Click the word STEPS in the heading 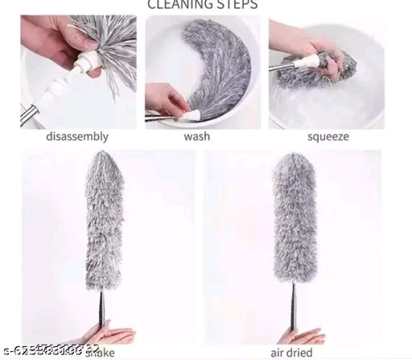pos(237,4)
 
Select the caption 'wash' pos(196,136)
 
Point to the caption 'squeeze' pos(328,136)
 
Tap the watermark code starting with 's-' pos(48,350)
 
